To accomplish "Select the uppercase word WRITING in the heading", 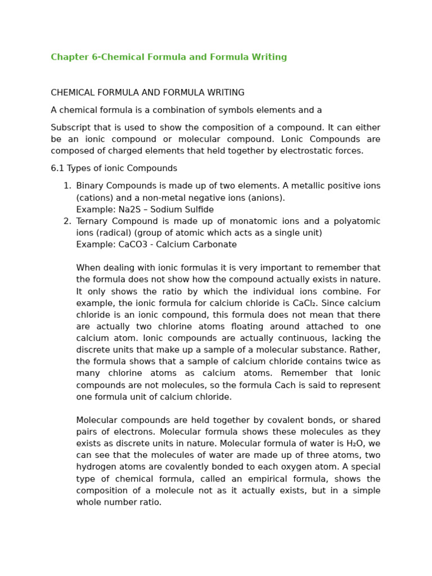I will [x=226, y=93].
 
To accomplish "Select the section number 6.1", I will [x=57, y=168].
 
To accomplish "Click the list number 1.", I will [x=67, y=186].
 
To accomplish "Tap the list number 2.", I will [x=67, y=221].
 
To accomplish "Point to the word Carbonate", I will [x=217, y=245].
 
